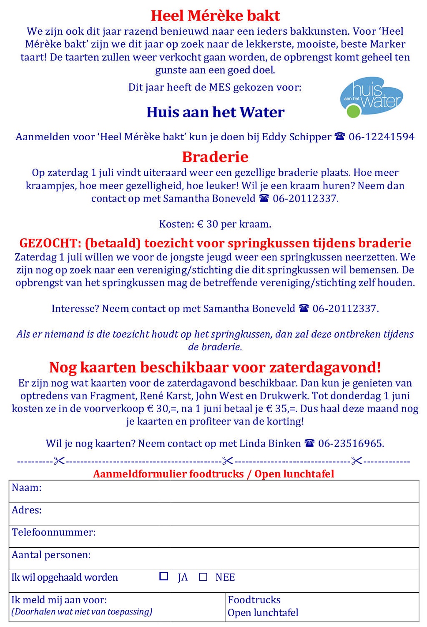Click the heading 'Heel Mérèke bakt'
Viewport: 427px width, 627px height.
click(x=215, y=16)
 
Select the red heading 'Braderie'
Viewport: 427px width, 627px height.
click(x=215, y=157)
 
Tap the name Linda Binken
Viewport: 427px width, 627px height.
click(x=270, y=443)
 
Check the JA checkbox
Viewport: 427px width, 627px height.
click(x=164, y=576)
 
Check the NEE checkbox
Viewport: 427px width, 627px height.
click(x=203, y=577)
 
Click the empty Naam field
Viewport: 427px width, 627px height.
click(x=229, y=491)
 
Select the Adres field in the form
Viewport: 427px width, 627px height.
click(x=229, y=514)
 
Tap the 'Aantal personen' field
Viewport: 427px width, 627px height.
click(x=250, y=559)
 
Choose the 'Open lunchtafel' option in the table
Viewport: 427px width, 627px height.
click(x=263, y=613)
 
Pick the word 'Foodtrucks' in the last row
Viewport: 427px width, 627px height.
click(x=254, y=600)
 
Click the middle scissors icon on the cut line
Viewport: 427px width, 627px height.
click(x=228, y=461)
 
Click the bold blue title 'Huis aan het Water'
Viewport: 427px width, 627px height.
click(x=215, y=112)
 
